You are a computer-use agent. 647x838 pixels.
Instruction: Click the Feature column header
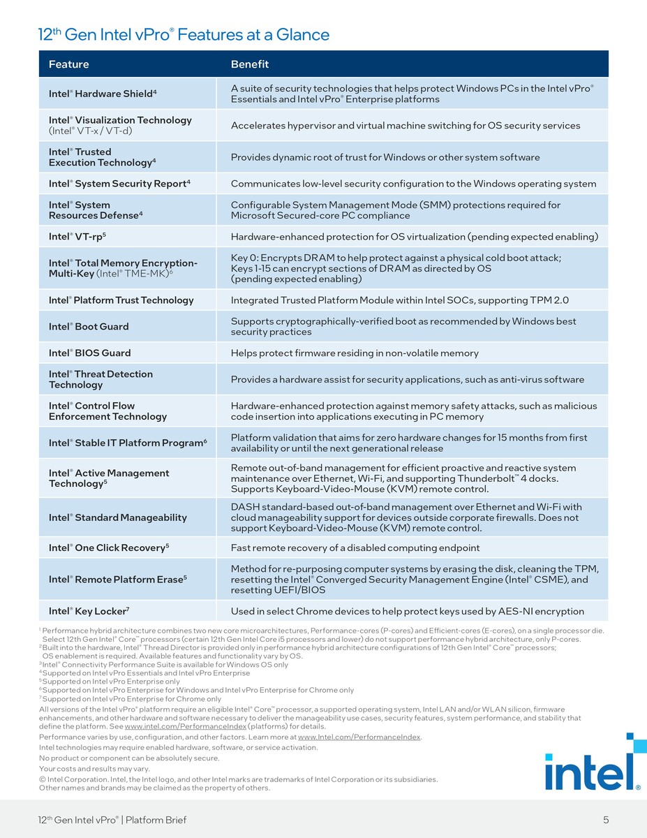point(68,64)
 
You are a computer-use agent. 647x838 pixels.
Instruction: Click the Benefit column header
point(249,64)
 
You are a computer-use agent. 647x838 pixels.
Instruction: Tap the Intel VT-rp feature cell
point(77,237)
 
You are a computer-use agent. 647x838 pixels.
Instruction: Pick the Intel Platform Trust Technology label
point(121,300)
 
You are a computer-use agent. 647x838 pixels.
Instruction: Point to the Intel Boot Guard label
point(89,327)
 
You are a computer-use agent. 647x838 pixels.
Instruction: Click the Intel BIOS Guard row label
point(89,353)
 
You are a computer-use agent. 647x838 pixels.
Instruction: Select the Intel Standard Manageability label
point(117,517)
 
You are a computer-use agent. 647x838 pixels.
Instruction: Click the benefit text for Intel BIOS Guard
point(355,353)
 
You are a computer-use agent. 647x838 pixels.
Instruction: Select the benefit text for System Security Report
point(413,184)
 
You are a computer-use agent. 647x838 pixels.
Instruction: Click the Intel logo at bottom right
point(593,772)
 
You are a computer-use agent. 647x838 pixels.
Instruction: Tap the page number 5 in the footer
point(605,820)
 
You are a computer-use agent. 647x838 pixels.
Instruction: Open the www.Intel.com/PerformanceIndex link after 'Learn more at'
point(359,737)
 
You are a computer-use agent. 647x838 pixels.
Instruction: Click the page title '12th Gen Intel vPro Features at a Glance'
point(183,34)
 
